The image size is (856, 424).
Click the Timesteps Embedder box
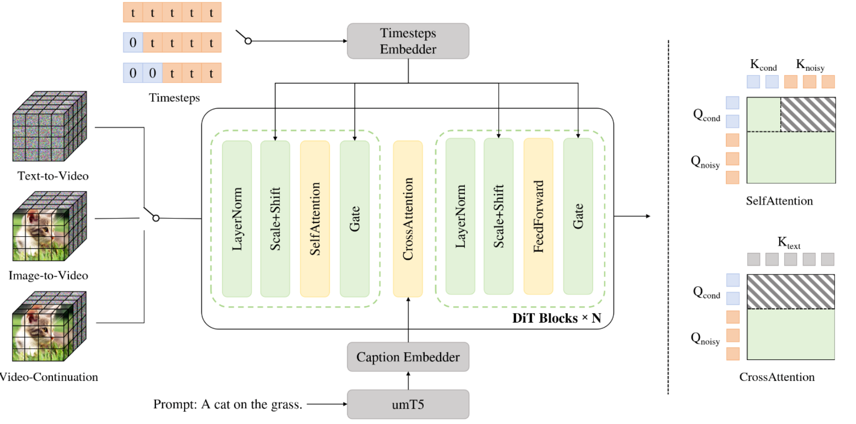pos(408,41)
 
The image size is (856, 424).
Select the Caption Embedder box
pos(408,357)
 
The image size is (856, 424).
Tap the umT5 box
pos(408,404)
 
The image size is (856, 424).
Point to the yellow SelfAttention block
pos(315,219)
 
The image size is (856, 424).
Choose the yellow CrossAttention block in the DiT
pos(408,219)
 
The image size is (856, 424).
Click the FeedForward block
pos(538,216)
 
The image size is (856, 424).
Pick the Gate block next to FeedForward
pos(578,216)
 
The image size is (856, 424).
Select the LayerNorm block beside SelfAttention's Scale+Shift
pos(237,219)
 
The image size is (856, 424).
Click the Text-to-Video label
pos(53,176)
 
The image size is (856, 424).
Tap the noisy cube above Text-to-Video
pos(49,126)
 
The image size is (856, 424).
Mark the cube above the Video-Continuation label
pos(49,326)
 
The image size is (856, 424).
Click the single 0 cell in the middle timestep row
pos(133,43)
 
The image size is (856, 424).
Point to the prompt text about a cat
pos(227,404)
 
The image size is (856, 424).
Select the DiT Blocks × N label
pos(557,318)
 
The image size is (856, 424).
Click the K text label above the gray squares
pos(788,243)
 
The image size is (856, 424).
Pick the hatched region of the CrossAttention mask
pos(790,292)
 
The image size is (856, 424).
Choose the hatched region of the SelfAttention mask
pos(808,114)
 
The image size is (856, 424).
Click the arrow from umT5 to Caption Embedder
pos(408,381)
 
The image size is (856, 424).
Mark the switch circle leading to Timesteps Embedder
pos(248,41)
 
